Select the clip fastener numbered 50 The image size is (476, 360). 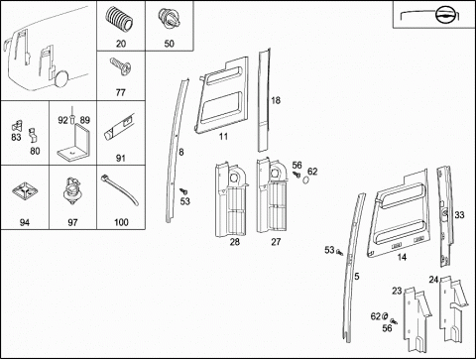point(169,18)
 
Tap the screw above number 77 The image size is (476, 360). point(121,66)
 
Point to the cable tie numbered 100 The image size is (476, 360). point(120,189)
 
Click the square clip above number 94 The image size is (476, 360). point(25,191)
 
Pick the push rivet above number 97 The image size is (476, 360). point(71,191)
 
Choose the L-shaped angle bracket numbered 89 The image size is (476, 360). point(73,143)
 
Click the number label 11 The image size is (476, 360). point(223,136)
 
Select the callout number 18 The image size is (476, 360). point(276,100)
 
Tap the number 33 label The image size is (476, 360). point(459,215)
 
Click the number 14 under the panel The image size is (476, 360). point(402,257)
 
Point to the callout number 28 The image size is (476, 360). point(235,242)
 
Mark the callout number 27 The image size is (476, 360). point(276,242)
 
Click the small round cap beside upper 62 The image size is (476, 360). point(306,180)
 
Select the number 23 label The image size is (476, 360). point(397,291)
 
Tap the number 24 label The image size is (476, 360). point(433,280)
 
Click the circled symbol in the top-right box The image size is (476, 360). point(444,15)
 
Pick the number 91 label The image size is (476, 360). point(121,158)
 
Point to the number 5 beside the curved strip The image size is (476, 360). point(357,276)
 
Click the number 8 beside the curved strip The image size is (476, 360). point(181,152)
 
